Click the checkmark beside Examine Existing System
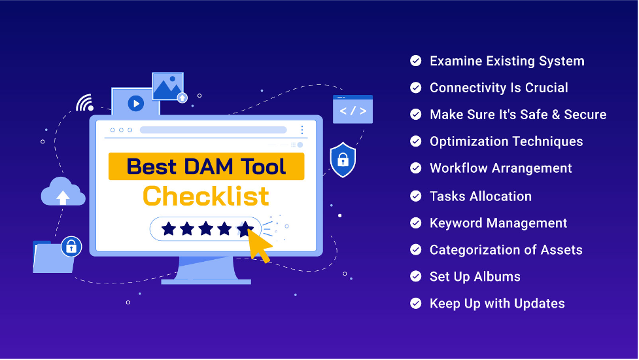tap(416, 61)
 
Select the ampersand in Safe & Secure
tap(556, 115)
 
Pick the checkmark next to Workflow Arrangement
tap(416, 168)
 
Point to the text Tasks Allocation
tap(481, 196)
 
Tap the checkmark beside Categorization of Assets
tap(416, 249)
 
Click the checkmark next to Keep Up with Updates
tap(416, 303)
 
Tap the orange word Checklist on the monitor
tap(206, 196)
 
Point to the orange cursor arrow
tap(259, 245)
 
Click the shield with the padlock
tap(343, 160)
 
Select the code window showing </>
tap(353, 109)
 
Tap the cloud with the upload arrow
tap(63, 192)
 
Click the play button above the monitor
tap(135, 103)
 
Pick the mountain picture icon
tap(167, 86)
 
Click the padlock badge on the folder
tap(71, 247)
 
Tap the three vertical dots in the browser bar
tap(302, 130)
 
